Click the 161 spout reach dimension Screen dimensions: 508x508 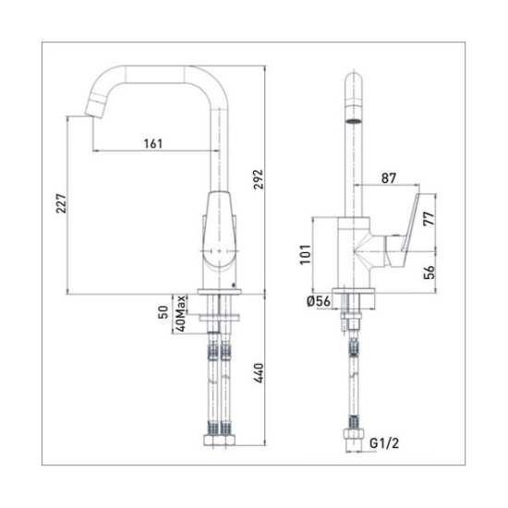[153, 143]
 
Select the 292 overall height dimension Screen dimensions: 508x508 [259, 179]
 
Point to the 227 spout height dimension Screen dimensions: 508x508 [61, 203]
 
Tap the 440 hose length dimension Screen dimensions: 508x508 [259, 373]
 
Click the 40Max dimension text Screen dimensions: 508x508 [180, 314]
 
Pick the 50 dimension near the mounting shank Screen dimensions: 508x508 [163, 312]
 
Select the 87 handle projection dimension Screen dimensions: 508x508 [389, 178]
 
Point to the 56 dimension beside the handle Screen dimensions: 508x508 [429, 272]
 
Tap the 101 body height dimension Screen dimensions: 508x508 [305, 255]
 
